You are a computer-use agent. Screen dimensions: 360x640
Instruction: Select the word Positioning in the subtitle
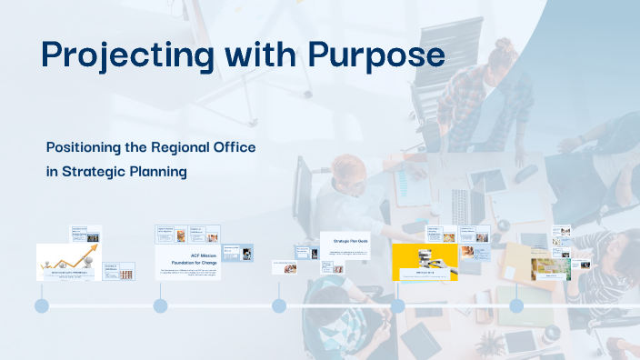(x=89, y=146)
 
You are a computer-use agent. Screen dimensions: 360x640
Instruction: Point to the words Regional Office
(x=205, y=146)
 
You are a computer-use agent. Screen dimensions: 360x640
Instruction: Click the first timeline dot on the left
(x=42, y=306)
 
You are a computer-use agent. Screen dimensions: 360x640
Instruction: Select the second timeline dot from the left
(x=160, y=306)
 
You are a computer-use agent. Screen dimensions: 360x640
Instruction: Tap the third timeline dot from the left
(x=279, y=306)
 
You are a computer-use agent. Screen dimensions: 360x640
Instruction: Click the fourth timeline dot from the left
(x=397, y=306)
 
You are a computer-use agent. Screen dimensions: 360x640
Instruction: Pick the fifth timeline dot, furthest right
(x=516, y=306)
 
